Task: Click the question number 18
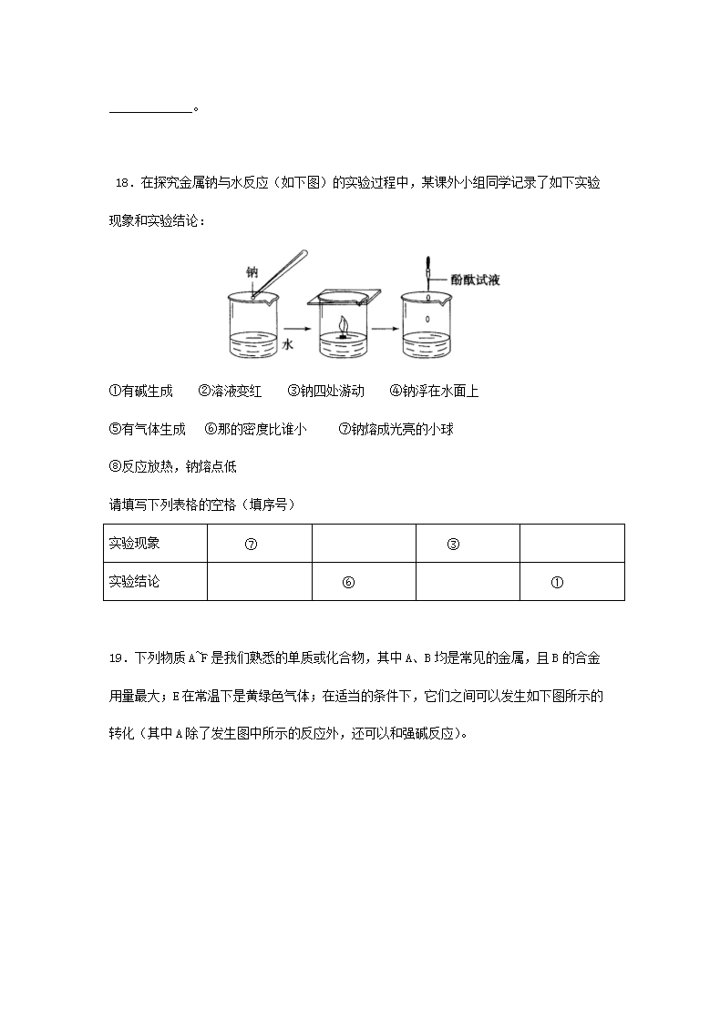tap(124, 183)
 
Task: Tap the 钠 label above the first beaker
tap(252, 271)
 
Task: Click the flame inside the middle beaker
tap(344, 326)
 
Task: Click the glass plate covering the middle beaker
tap(345, 296)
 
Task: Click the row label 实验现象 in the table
tap(134, 544)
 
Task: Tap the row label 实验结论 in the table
tap(134, 581)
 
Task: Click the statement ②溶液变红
tap(230, 391)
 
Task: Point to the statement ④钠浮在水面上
tap(434, 391)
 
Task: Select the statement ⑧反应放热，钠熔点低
tap(172, 466)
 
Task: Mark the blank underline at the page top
tap(151, 111)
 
